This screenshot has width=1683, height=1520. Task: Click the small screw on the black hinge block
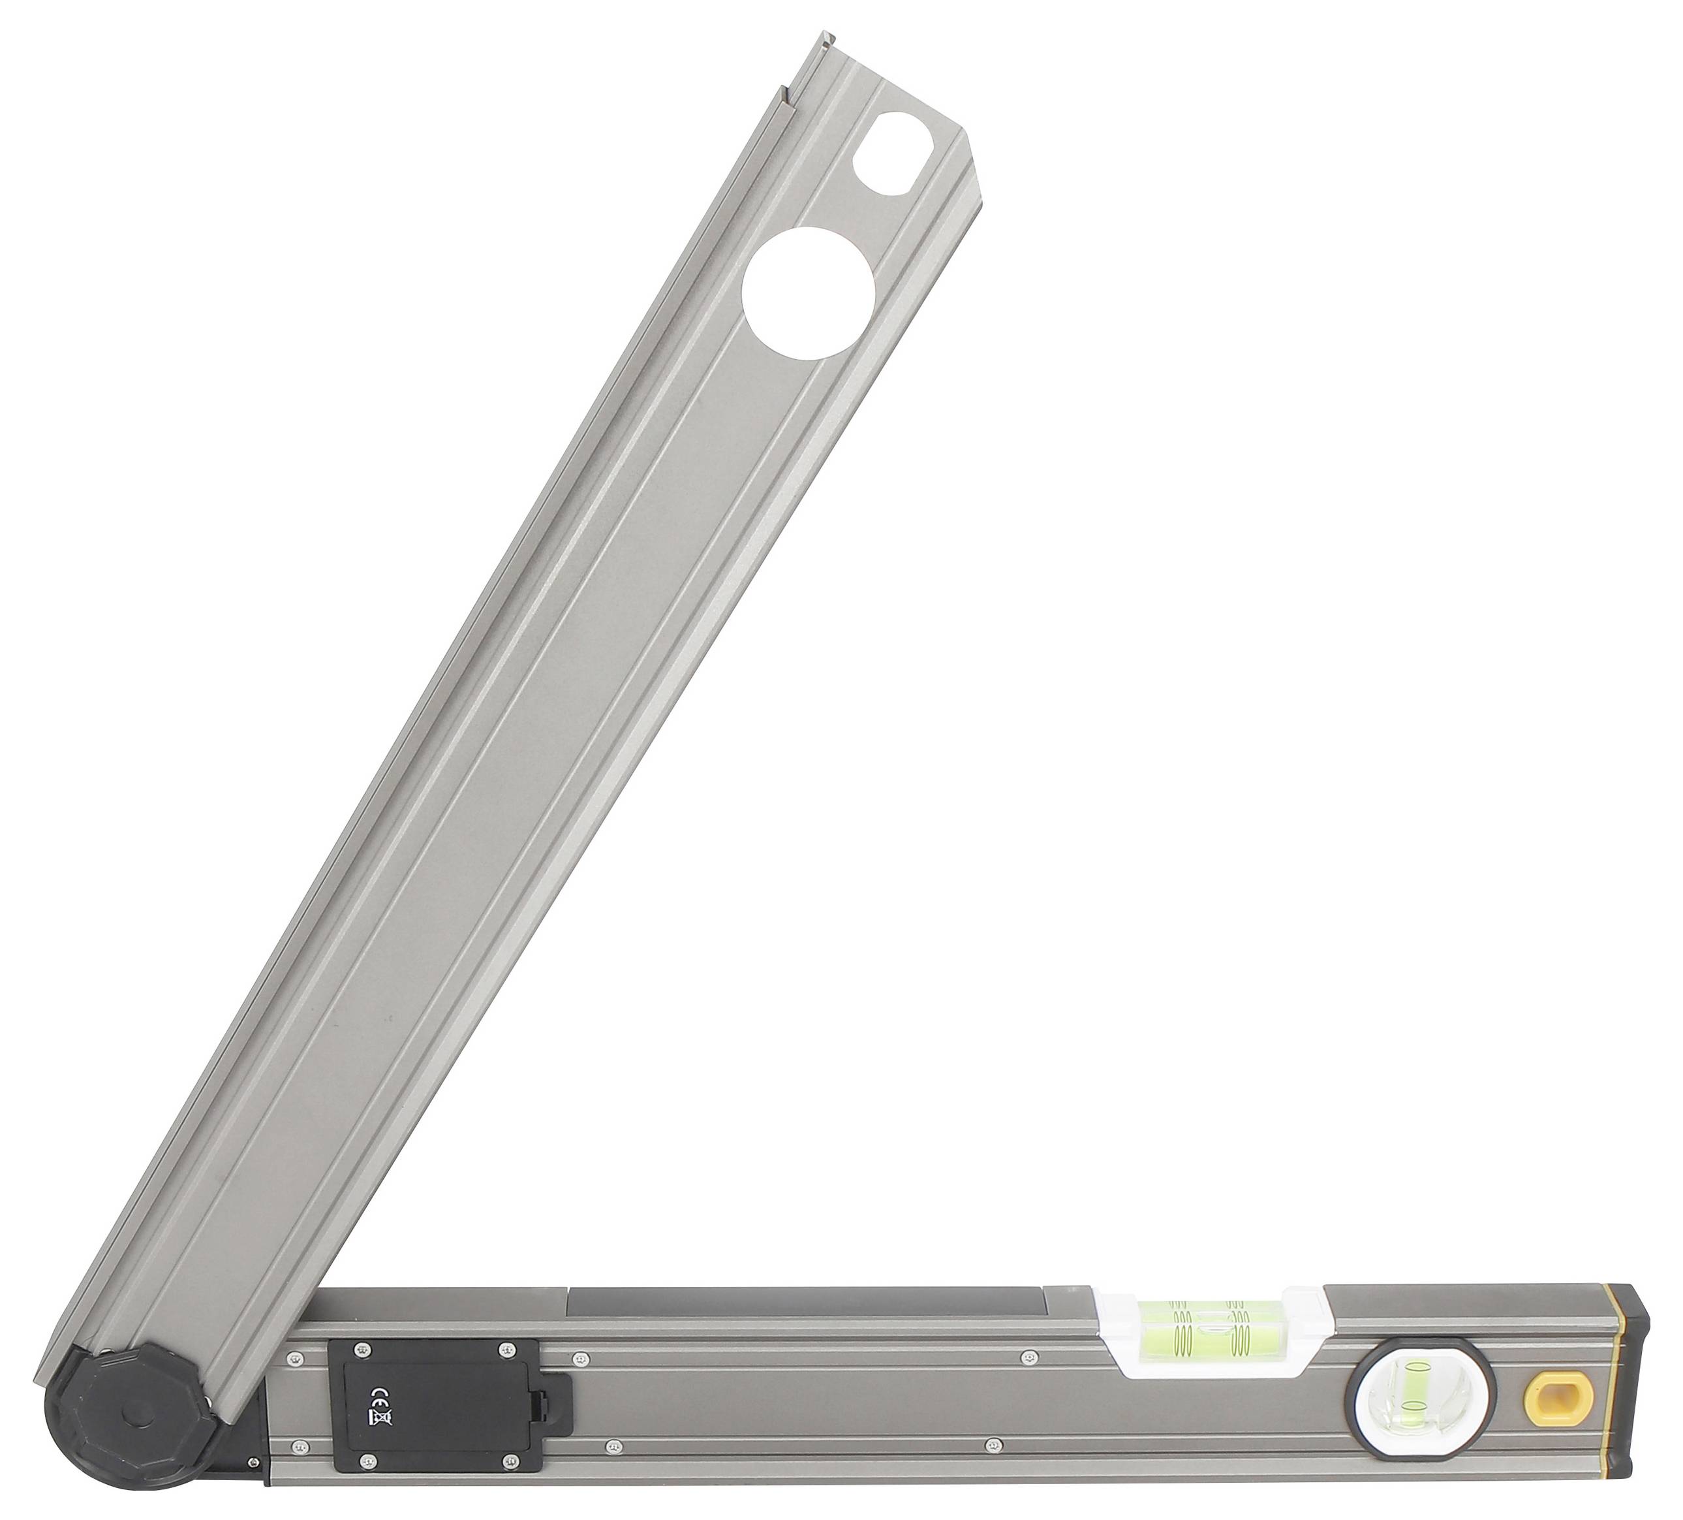pos(251,1481)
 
